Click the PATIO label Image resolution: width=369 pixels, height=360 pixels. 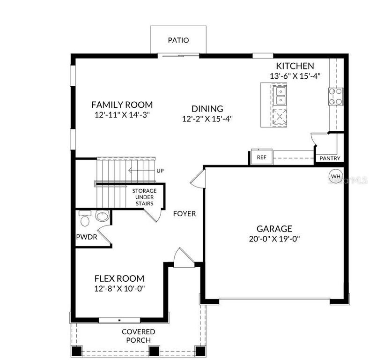point(178,40)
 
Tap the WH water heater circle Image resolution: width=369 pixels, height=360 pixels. point(335,176)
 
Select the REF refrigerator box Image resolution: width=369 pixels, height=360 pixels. point(261,157)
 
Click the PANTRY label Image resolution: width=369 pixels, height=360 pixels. point(330,158)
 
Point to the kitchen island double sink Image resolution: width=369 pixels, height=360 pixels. point(281,95)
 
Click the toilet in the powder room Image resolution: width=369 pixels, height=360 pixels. point(85,219)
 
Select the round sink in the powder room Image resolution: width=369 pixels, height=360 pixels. point(102,217)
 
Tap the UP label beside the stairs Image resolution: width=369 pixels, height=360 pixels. point(160,171)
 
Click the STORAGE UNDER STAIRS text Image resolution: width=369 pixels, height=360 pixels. point(144,197)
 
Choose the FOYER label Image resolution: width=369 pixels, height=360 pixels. point(184,214)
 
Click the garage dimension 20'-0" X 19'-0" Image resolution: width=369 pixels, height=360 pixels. point(274,239)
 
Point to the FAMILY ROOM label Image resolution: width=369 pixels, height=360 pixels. point(122,105)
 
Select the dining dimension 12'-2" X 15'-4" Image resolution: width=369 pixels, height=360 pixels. point(207,119)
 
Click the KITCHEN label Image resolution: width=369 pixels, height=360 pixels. point(295,66)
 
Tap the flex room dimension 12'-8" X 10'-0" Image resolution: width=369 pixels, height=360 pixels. point(119,288)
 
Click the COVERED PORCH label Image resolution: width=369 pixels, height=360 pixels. point(138,336)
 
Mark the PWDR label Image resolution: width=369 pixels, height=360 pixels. point(86,237)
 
